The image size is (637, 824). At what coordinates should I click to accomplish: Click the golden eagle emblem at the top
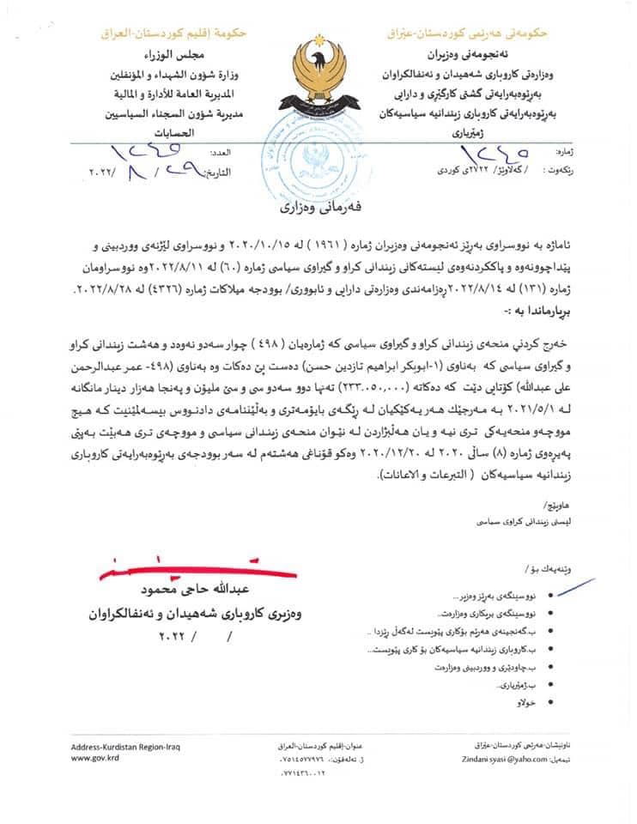(317, 74)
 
